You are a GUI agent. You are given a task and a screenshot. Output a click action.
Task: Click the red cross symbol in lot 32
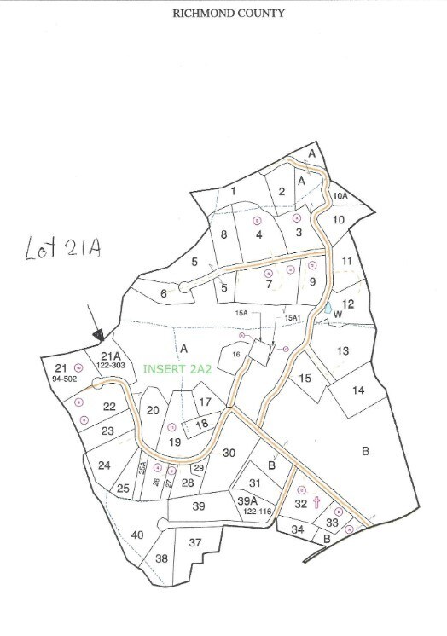(316, 502)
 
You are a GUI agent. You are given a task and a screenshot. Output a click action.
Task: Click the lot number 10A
(340, 197)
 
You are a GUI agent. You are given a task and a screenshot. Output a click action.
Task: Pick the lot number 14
(358, 390)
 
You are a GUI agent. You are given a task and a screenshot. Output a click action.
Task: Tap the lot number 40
(137, 535)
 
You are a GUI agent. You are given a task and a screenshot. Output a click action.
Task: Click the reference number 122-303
(112, 365)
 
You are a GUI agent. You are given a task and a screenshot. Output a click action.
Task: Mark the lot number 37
(194, 543)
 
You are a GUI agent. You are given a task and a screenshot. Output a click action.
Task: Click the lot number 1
(232, 191)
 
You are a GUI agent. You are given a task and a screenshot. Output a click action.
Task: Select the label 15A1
(293, 318)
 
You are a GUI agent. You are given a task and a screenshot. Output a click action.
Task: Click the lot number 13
(342, 350)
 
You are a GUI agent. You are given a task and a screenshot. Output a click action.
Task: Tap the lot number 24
(104, 465)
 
